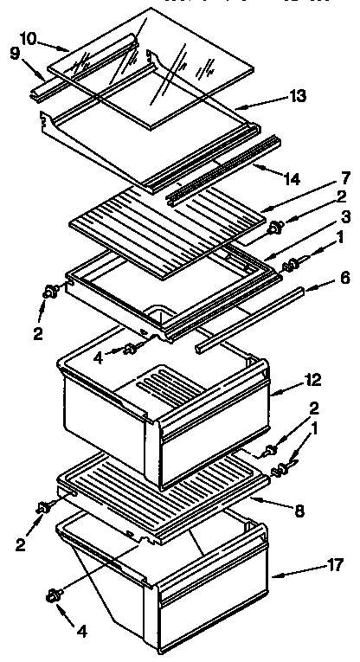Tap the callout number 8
299,511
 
